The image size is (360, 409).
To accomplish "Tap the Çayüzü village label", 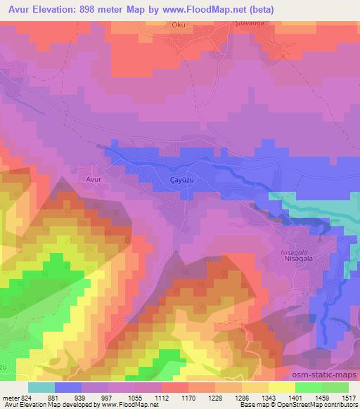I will point(182,180).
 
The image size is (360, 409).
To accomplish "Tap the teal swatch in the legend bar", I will point(41,387).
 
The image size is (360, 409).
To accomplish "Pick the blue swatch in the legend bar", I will point(68,387).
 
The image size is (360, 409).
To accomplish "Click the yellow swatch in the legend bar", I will point(281,387).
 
